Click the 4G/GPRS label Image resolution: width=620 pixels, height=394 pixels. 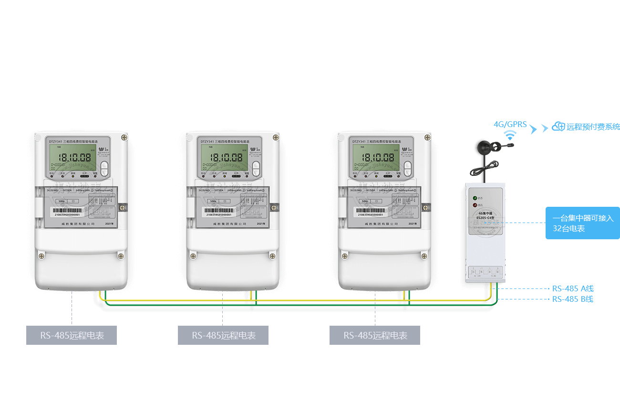click(510, 125)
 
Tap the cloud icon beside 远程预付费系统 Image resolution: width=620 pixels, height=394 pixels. click(558, 127)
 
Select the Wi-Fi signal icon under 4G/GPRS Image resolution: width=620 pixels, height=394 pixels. click(511, 136)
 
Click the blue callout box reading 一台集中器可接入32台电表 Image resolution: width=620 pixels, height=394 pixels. click(582, 223)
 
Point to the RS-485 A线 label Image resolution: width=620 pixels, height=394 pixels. click(573, 288)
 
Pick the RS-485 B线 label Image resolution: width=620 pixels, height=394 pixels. click(573, 299)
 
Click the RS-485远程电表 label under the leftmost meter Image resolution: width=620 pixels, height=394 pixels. click(72, 335)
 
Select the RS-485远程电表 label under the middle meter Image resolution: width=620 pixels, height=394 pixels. click(223, 335)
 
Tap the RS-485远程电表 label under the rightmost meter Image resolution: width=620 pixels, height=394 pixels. click(375, 335)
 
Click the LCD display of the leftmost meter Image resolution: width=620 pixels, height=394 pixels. click(72, 158)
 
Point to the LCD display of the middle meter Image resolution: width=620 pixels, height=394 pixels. click(224, 158)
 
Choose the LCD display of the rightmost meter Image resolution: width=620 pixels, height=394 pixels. click(375, 158)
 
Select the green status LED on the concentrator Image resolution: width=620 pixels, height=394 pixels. click(475, 198)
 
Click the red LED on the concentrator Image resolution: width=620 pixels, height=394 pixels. click(475, 205)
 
